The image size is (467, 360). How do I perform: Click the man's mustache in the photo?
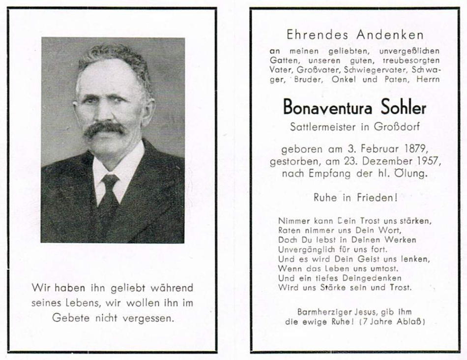pyautogui.click(x=105, y=129)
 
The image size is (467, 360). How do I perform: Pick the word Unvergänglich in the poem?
pyautogui.click(x=304, y=249)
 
